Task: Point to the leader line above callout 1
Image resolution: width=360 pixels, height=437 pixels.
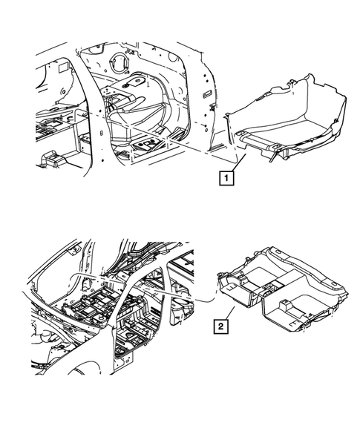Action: tap(236, 162)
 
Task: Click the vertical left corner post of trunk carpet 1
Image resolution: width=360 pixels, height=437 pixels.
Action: tap(229, 122)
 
